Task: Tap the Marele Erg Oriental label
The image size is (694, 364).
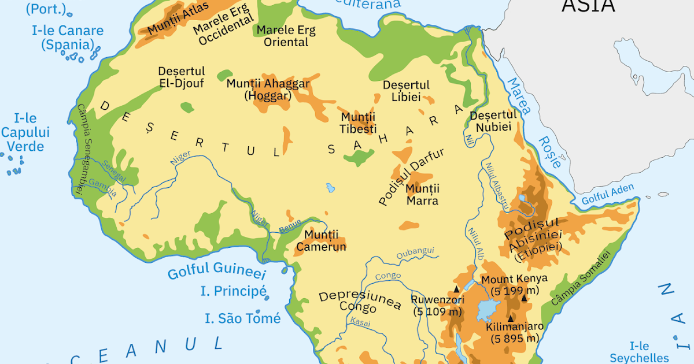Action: click(x=282, y=36)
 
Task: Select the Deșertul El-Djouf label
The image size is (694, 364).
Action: click(x=182, y=77)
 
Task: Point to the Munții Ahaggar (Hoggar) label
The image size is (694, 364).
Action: click(x=268, y=90)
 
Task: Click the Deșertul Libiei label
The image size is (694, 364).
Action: click(x=406, y=91)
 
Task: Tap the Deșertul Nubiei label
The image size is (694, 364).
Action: click(x=493, y=121)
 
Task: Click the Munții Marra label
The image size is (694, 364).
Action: click(x=422, y=195)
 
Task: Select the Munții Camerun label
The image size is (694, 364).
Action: click(x=321, y=241)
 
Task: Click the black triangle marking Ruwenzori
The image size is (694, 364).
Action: click(x=456, y=288)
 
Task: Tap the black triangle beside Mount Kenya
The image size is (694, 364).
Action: click(x=524, y=298)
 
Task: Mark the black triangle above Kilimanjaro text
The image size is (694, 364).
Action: click(x=511, y=318)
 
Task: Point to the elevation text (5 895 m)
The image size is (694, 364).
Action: click(x=515, y=339)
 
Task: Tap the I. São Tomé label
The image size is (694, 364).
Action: click(x=243, y=318)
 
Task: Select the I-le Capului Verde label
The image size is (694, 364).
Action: click(x=25, y=132)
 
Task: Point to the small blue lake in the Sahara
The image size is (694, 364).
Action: click(x=330, y=188)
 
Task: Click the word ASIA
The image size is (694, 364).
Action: click(x=589, y=6)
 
